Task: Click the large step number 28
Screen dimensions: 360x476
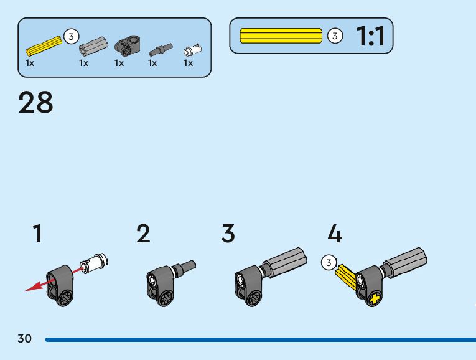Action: click(36, 103)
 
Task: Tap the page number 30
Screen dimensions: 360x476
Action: click(24, 339)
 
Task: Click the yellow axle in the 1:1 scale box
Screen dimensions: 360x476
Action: click(281, 36)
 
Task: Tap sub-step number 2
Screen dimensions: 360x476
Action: click(143, 234)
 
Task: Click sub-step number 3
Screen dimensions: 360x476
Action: click(228, 234)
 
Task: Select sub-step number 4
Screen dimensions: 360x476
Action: click(335, 234)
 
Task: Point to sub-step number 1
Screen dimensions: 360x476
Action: click(38, 234)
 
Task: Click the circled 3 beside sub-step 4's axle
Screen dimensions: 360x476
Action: click(329, 263)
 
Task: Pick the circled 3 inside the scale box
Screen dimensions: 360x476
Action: click(335, 36)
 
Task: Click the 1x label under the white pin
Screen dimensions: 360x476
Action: click(188, 63)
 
